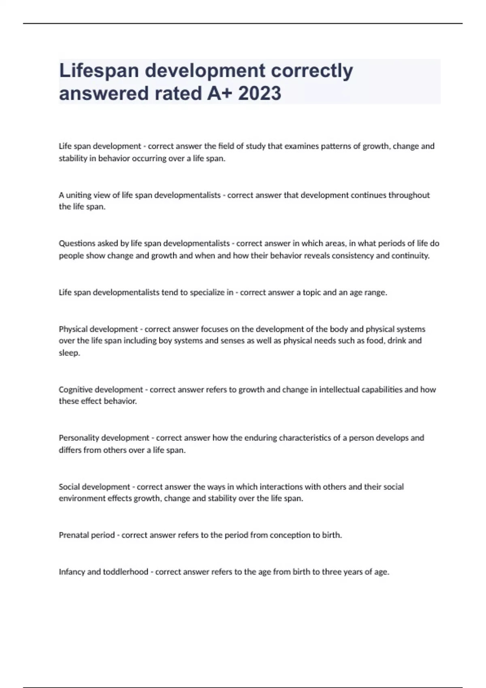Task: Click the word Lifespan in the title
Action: tap(99, 71)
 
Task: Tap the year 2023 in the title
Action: tap(260, 93)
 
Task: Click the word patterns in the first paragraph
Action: tap(335, 146)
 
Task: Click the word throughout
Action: tap(409, 195)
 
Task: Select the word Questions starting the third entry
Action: tap(77, 244)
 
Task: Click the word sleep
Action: tap(69, 353)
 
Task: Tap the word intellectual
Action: tap(339, 390)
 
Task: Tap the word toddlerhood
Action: tap(126, 572)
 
